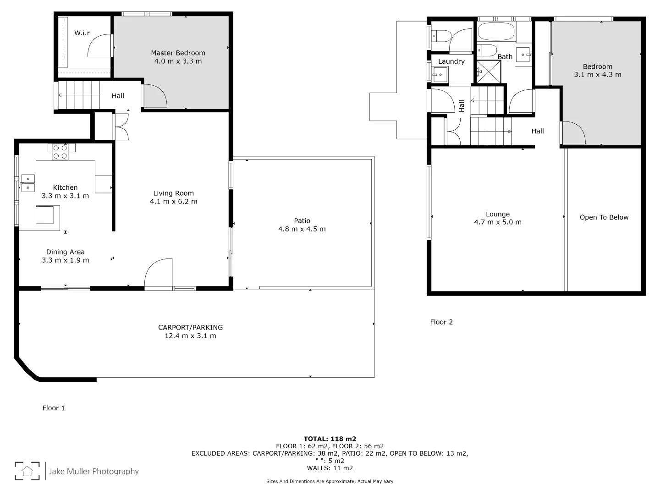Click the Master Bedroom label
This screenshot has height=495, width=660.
point(178,53)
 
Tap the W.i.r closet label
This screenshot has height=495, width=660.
point(82,33)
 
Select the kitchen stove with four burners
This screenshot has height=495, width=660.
point(60,152)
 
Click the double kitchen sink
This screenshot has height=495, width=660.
point(27,183)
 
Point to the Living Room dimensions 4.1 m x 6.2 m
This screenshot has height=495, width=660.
point(173,202)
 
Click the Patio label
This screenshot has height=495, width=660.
point(302,220)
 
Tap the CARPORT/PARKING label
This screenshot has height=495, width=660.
point(190,327)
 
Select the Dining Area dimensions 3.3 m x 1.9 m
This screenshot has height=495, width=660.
point(65,260)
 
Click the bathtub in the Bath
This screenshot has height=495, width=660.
point(495,32)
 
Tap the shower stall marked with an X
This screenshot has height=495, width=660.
point(489,72)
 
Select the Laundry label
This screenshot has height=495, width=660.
point(451,61)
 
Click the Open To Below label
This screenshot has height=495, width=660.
point(604,217)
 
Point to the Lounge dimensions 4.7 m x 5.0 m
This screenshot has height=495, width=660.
point(497,222)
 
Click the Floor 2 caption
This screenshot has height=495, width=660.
point(441,322)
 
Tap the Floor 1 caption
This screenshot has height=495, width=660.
point(54,408)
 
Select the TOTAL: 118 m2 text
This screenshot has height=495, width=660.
point(330,439)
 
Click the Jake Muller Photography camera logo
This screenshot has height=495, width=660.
point(27,471)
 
